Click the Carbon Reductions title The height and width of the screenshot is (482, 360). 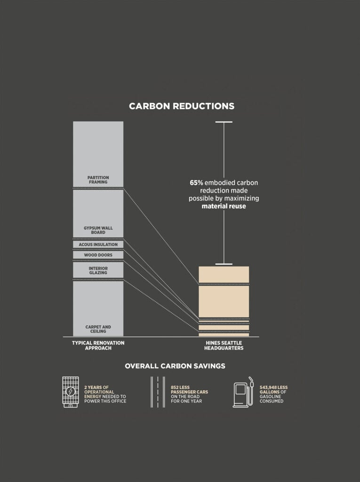[x=182, y=106]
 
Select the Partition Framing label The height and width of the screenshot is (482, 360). [x=98, y=180]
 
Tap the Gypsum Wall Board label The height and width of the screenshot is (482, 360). [x=98, y=230]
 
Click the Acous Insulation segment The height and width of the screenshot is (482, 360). [x=98, y=244]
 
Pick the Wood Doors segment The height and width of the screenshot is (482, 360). [x=98, y=255]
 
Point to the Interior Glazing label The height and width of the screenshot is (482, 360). [x=98, y=271]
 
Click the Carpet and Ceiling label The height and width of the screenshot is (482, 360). [x=98, y=329]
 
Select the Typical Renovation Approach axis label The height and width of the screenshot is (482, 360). [x=98, y=345]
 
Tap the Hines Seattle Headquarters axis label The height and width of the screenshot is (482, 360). [x=224, y=345]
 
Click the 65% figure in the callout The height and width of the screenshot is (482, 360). [x=196, y=183]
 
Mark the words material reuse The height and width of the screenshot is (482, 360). [x=224, y=206]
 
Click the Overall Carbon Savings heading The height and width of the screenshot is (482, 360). [x=175, y=366]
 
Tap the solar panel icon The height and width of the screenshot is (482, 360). [x=71, y=392]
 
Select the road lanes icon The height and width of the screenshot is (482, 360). [x=158, y=392]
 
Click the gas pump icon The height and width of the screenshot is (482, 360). [x=244, y=392]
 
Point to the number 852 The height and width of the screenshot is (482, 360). [x=175, y=387]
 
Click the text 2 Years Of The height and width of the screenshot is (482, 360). [x=96, y=387]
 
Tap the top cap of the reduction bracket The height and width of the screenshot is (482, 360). [x=224, y=122]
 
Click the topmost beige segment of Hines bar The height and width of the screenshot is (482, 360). [x=224, y=274]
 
